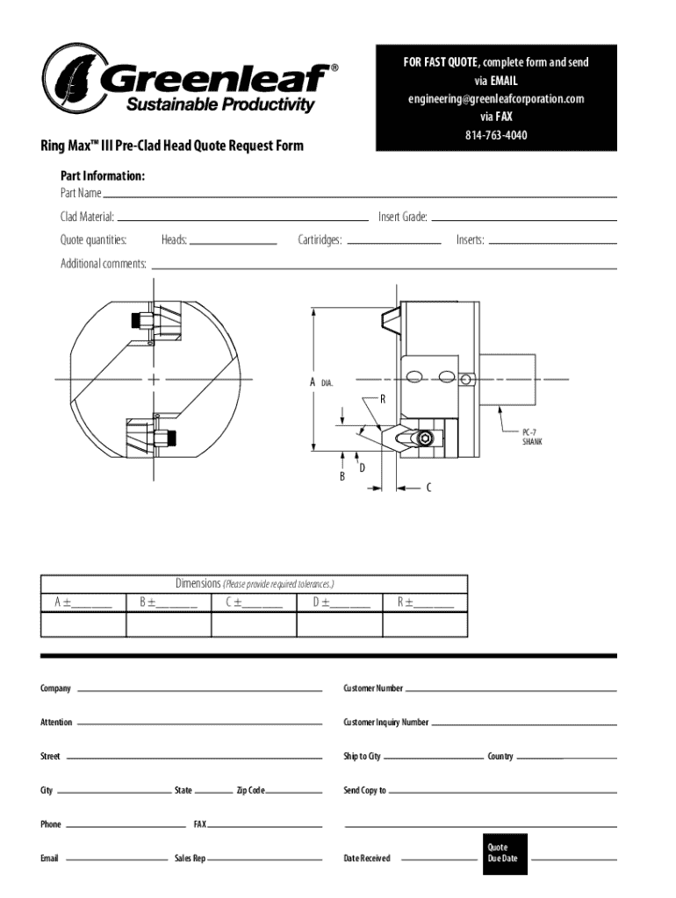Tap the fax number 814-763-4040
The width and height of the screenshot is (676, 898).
[496, 135]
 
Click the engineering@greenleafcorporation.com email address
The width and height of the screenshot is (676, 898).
[495, 98]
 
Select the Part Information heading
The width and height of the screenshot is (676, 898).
[103, 176]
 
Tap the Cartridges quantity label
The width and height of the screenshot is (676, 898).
[320, 239]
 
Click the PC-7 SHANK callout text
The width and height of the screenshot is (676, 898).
[532, 437]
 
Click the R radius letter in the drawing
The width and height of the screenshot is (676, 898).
[383, 399]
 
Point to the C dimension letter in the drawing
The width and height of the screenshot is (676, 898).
[428, 488]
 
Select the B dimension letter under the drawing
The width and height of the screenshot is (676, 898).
[342, 476]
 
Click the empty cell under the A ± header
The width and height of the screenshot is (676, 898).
[83, 624]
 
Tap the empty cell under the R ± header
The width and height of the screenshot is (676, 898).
[425, 624]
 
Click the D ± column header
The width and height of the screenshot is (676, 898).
[341, 602]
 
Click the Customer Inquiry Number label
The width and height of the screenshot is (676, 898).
[386, 723]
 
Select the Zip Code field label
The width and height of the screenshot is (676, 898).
[250, 790]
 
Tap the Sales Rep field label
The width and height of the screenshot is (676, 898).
[189, 858]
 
